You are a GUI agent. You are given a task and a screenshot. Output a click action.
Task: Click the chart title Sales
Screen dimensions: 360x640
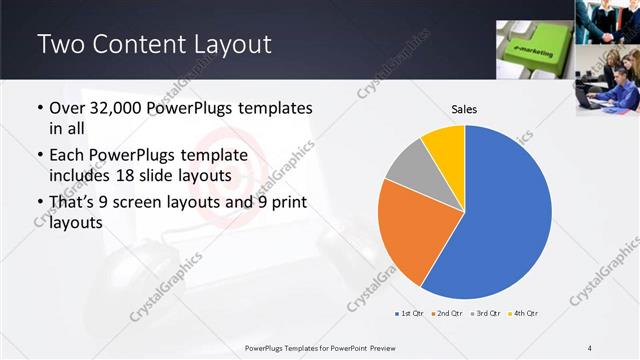[463, 108]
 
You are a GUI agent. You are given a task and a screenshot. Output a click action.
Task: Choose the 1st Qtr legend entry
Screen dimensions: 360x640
[411, 314]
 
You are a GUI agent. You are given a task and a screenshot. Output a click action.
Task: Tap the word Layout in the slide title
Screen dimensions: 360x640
[225, 44]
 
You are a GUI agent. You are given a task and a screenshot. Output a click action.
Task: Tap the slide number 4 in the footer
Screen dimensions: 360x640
[590, 347]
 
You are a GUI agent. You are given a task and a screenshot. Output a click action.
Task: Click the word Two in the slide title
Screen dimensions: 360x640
[59, 44]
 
